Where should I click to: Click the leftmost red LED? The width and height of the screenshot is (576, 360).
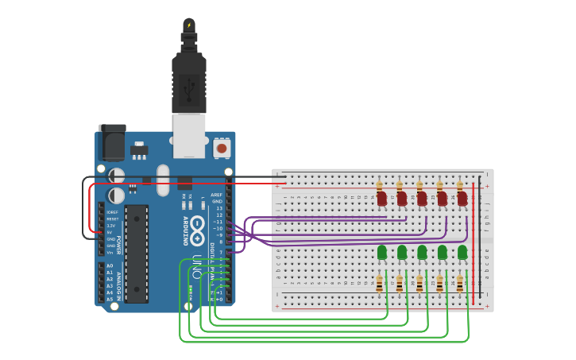pos(381,198)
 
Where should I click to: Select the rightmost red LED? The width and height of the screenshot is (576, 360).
pos(462,198)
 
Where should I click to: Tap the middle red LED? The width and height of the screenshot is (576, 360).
pos(422,198)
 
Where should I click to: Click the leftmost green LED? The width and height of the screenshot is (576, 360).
pos(381,252)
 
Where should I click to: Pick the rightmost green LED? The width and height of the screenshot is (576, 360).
pos(462,252)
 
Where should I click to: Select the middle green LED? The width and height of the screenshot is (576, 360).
pos(422,252)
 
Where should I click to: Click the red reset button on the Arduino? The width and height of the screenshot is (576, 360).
pos(222,148)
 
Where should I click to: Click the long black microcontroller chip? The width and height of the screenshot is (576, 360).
pos(136,254)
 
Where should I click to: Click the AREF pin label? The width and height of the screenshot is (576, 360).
pos(216,195)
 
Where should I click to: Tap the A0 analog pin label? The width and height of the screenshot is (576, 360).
pos(110,265)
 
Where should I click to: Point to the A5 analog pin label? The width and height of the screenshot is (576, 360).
pos(110,299)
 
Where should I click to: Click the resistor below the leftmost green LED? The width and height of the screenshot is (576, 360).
pos(380,284)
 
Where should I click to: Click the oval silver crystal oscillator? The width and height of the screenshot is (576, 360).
pos(163,180)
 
